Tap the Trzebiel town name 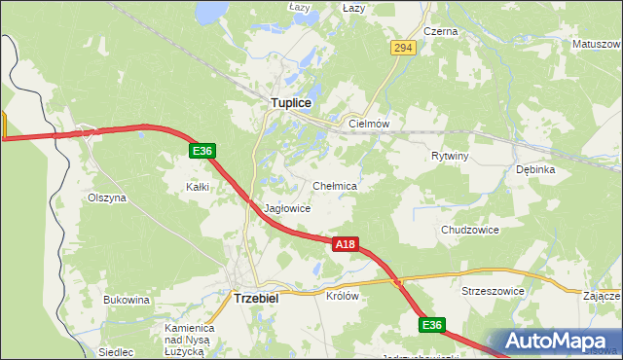pos(256,299)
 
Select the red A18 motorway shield pos(345,245)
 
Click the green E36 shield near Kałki pos(202,151)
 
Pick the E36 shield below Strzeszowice pos(433,324)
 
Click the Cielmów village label pos(369,125)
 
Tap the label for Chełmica pos(335,185)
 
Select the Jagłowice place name pos(287,208)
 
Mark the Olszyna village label pos(107,197)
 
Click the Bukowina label pos(127,300)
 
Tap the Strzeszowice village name pos(493,291)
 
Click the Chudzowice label pos(469,230)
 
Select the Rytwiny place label pos(450,156)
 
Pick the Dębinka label pos(535,168)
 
